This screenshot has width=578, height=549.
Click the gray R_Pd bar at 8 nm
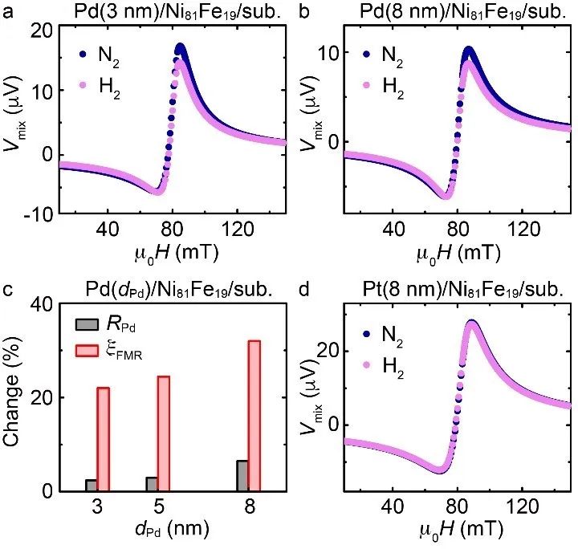point(242,474)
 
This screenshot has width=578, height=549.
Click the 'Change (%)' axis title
point(14,398)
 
